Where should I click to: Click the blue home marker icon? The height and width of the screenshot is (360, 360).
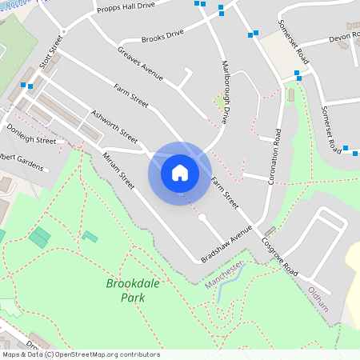click(x=180, y=172)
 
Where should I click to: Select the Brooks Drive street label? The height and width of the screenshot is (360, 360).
click(x=162, y=36)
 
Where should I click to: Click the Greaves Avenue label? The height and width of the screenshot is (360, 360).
click(x=140, y=64)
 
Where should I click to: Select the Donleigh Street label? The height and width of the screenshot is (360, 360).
click(x=31, y=133)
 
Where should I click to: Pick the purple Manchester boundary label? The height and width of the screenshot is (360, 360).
click(x=223, y=274)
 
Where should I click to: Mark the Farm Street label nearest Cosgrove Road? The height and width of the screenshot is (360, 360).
click(x=226, y=194)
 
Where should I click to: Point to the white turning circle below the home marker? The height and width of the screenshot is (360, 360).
click(x=202, y=217)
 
